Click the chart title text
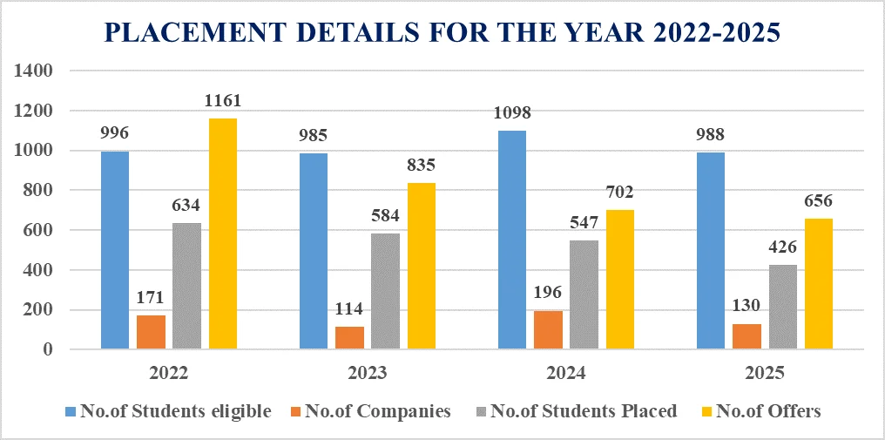442,32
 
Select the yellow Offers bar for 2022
223,234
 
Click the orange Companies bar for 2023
349,338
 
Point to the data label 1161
223,101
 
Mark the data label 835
421,166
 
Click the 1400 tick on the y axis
35,71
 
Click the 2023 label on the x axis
368,373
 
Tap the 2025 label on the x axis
764,373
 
